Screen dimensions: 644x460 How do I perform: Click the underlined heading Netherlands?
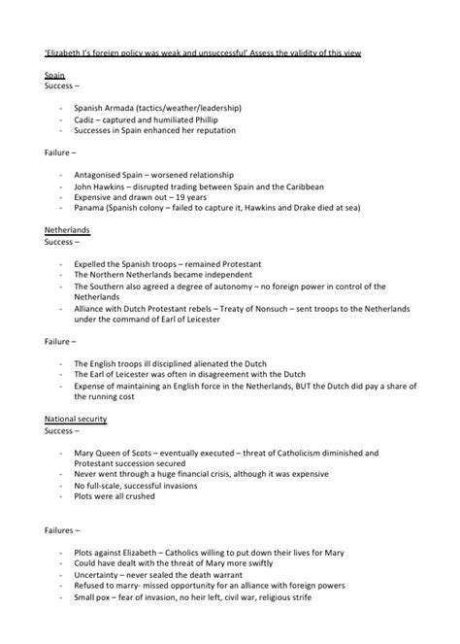pos(69,231)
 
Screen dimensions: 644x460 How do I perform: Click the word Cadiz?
pos(86,119)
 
